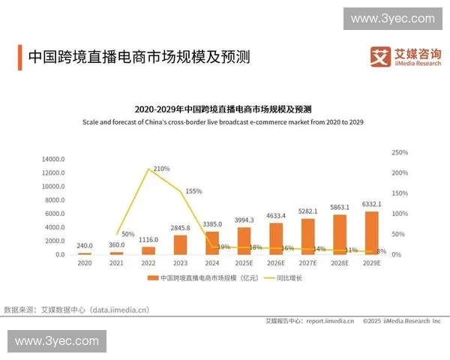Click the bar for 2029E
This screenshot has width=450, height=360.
pyautogui.click(x=372, y=233)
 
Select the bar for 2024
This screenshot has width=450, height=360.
pyautogui.click(x=212, y=243)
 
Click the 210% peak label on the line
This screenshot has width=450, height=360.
pyautogui.click(x=161, y=169)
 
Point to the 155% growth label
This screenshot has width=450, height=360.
pyautogui.click(x=193, y=191)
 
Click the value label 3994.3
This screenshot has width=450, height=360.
pyautogui.click(x=244, y=220)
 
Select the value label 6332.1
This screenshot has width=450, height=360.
pyautogui.click(x=372, y=204)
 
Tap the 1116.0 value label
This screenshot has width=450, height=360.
pyautogui.click(x=148, y=240)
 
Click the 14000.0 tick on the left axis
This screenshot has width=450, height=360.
pyautogui.click(x=54, y=159)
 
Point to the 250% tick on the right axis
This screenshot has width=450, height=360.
pyautogui.click(x=400, y=153)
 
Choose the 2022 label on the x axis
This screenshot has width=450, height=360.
pyautogui.click(x=148, y=264)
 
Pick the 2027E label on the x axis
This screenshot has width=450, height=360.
pyautogui.click(x=308, y=264)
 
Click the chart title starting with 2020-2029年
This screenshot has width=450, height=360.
pyautogui.click(x=224, y=109)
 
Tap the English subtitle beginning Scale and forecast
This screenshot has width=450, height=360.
pyautogui.click(x=224, y=121)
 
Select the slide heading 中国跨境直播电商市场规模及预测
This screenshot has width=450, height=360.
pyautogui.click(x=138, y=57)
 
